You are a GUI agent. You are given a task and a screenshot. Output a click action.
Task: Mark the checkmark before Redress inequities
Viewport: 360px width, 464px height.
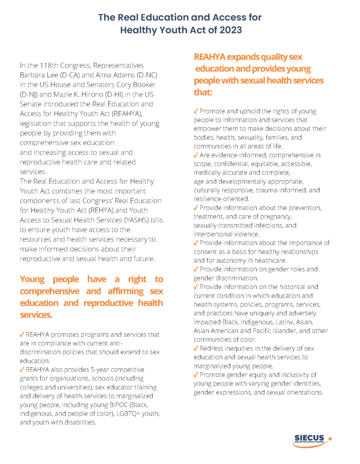tap(196, 349)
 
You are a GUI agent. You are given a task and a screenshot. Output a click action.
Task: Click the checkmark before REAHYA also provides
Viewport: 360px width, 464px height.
tap(22, 370)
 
